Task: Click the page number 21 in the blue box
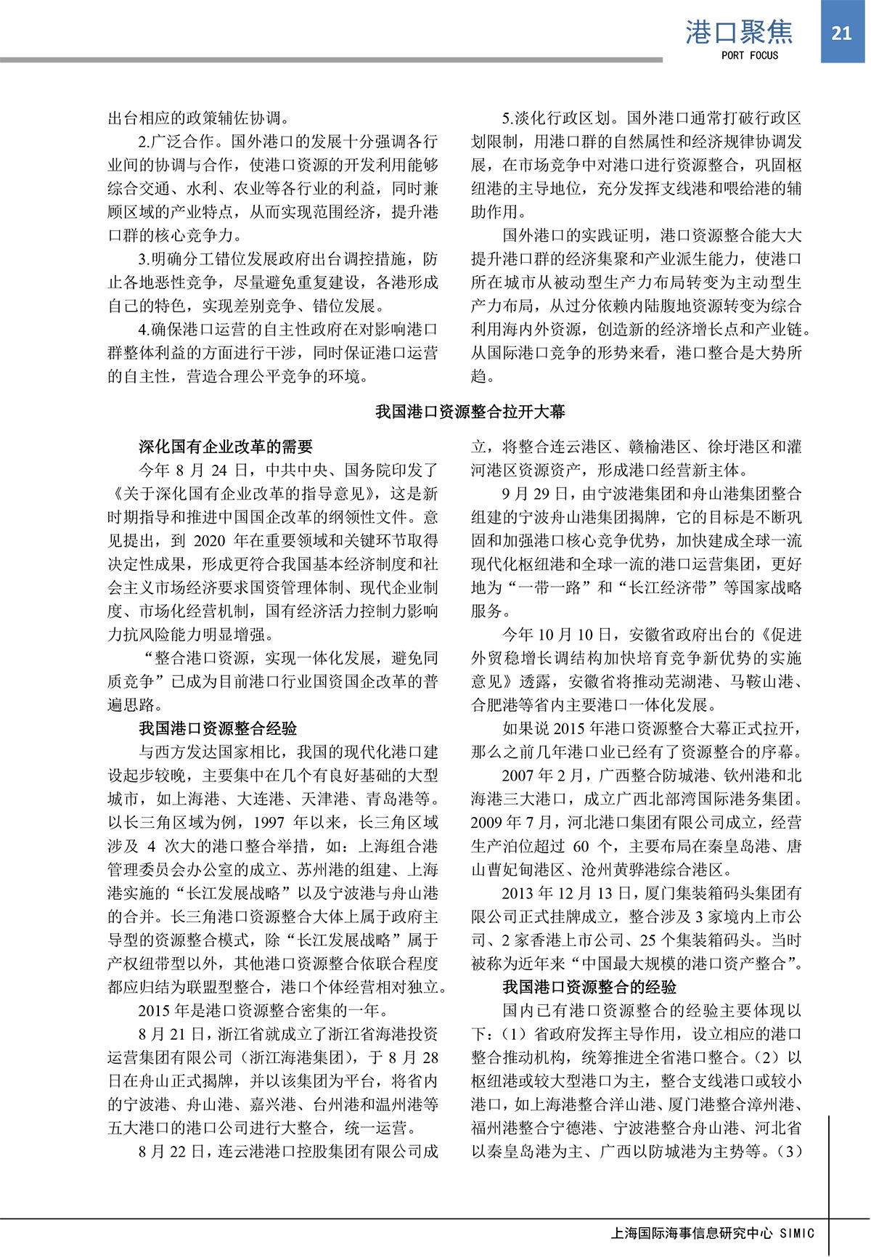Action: [841, 33]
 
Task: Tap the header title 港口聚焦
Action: [739, 32]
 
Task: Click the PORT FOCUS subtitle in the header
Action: [749, 55]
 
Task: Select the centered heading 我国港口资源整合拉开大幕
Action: [470, 412]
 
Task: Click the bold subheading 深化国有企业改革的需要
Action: [226, 447]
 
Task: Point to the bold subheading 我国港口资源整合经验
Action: [218, 728]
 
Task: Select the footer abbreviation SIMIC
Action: [797, 1233]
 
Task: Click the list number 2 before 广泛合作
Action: [142, 142]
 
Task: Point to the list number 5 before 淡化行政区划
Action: [506, 118]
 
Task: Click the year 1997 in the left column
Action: [269, 823]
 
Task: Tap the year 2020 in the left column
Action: [210, 541]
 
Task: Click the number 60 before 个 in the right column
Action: [581, 846]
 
